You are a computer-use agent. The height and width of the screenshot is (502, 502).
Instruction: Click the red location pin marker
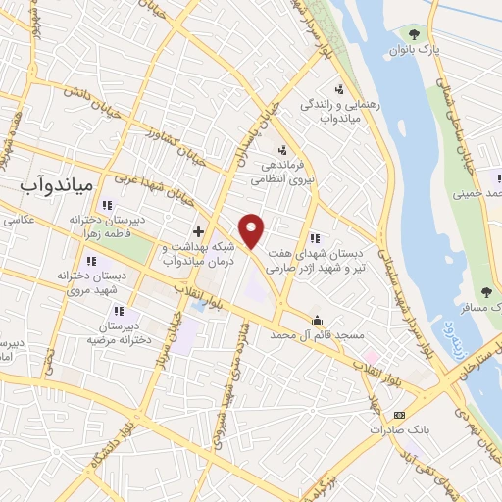pyautogui.click(x=252, y=230)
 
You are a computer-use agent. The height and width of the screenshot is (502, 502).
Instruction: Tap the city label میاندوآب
pyautogui.click(x=57, y=183)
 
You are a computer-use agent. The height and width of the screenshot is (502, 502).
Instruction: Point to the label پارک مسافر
pyautogui.click(x=484, y=309)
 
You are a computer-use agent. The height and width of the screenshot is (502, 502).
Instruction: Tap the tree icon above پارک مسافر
pyautogui.click(x=486, y=291)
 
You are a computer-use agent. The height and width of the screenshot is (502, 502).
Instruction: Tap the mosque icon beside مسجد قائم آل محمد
pyautogui.click(x=317, y=320)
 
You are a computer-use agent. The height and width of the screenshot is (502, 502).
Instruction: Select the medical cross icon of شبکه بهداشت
pyautogui.click(x=198, y=232)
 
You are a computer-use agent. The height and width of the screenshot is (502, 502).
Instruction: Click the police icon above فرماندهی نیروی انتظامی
pyautogui.click(x=282, y=150)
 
